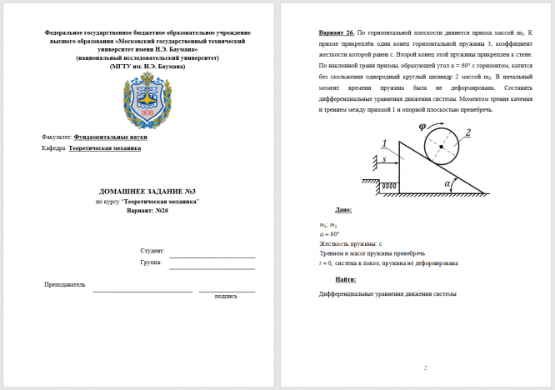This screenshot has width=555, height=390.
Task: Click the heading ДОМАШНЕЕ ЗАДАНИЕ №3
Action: pyautogui.click(x=147, y=192)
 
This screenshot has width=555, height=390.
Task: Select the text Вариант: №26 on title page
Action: pyautogui.click(x=147, y=211)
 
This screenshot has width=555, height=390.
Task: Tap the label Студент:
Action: pyautogui.click(x=152, y=251)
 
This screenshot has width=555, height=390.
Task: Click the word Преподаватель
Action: pyautogui.click(x=65, y=285)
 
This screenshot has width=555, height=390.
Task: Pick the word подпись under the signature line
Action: pyautogui.click(x=226, y=296)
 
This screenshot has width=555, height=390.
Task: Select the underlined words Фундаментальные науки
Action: pyautogui.click(x=111, y=136)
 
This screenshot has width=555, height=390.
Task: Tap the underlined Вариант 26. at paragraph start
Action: pyautogui.click(x=336, y=32)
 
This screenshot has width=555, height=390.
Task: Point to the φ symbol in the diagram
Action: pyautogui.click(x=422, y=126)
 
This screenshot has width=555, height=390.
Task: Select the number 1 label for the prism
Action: pyautogui.click(x=384, y=143)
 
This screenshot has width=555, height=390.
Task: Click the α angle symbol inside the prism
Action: pyautogui.click(x=447, y=183)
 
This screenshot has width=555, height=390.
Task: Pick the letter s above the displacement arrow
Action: pyautogui.click(x=384, y=158)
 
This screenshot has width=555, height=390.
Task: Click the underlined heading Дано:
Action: pyautogui.click(x=343, y=210)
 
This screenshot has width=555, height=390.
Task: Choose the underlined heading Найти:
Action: pyautogui.click(x=346, y=279)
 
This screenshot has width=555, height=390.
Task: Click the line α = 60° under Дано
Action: pyautogui.click(x=329, y=234)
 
